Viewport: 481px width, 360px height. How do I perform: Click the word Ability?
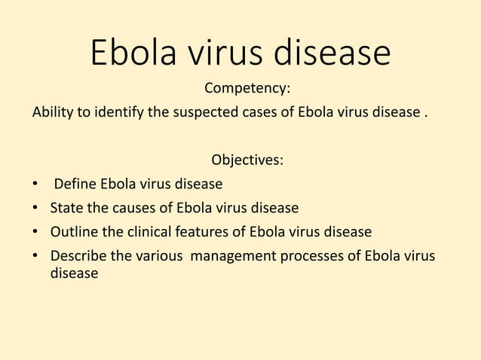51,114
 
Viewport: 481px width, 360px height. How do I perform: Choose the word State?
66,207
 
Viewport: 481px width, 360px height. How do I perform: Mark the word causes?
131,207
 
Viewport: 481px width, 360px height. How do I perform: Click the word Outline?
74,230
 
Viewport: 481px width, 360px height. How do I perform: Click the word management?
233,255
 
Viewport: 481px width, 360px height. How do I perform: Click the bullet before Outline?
35,231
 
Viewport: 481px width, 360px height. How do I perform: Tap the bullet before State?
35,208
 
